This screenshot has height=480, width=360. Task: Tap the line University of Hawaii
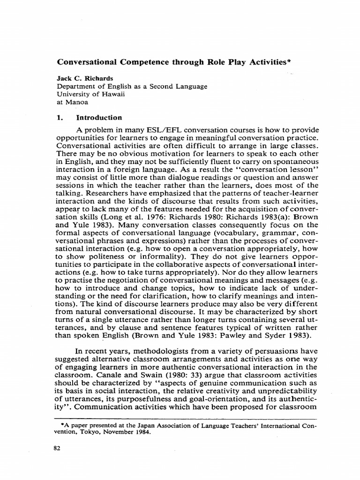pyautogui.click(x=87, y=94)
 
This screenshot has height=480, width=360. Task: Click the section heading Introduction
pyautogui.click(x=99, y=118)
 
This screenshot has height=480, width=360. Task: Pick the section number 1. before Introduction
pyautogui.click(x=60, y=118)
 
